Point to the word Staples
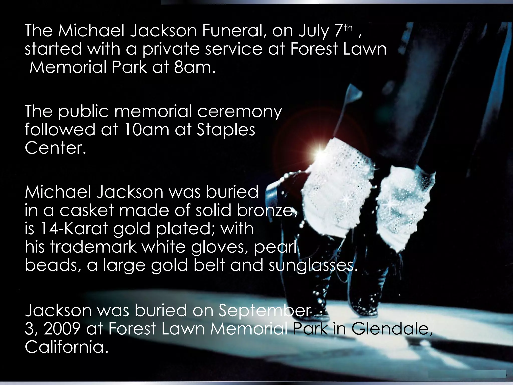pyautogui.click(x=226, y=130)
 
